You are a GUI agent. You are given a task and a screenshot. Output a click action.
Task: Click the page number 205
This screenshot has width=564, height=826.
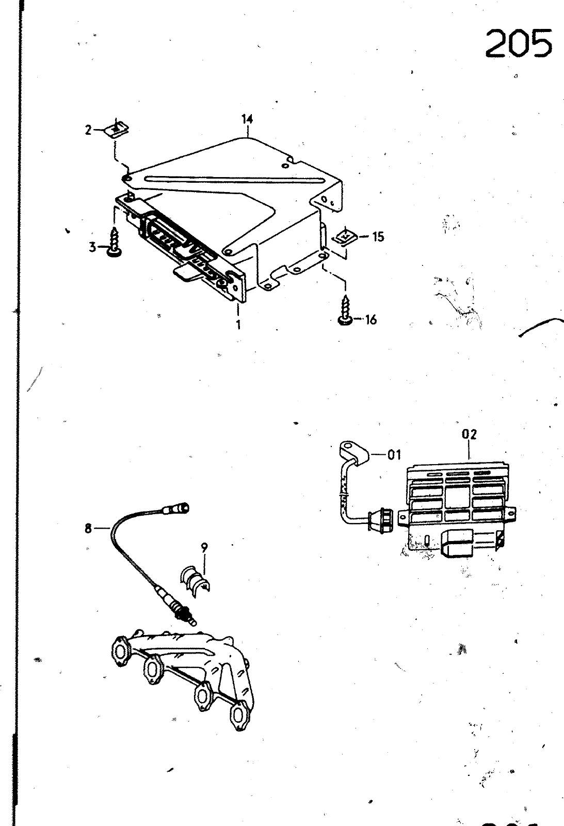519,43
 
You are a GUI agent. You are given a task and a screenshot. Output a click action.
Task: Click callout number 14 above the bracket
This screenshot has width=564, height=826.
247,119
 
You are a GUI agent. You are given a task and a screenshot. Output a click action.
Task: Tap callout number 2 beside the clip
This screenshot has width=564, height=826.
88,130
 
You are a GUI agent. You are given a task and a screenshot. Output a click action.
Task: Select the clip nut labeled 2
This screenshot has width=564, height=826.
117,129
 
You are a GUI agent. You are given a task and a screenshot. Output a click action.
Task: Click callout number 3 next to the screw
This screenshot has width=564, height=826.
92,247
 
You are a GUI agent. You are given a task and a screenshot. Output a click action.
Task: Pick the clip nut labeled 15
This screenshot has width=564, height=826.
344,236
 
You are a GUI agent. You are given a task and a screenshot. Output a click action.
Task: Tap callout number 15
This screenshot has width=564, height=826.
378,236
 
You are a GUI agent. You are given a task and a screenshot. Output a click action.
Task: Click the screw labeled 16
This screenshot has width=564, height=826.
345,310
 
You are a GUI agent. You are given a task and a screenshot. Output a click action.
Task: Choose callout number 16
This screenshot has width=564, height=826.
370,320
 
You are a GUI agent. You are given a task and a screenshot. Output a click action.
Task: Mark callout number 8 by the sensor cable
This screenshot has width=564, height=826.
88,529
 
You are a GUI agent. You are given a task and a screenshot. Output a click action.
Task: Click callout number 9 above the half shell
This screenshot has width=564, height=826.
204,547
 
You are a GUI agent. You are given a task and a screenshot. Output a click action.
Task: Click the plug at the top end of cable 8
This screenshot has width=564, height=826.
176,509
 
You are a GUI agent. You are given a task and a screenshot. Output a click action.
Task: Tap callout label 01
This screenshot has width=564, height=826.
394,455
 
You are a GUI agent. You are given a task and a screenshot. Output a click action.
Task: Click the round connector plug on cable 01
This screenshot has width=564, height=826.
381,521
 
